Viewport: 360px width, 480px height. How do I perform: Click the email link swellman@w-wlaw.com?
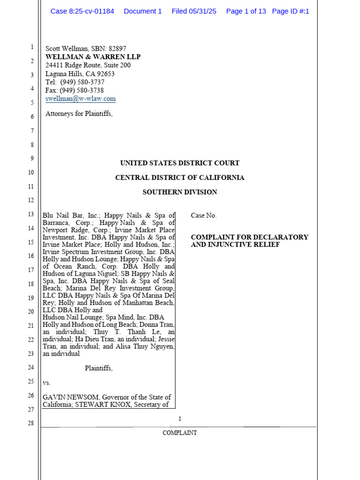pyautogui.click(x=80, y=99)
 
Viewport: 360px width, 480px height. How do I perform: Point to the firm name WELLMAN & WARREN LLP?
pyautogui.click(x=93, y=57)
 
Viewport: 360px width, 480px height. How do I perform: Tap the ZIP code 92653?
pyautogui.click(x=105, y=74)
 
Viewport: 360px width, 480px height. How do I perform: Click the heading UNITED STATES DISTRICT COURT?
pyautogui.click(x=180, y=163)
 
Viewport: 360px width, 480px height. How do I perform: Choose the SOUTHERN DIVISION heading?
pyautogui.click(x=180, y=192)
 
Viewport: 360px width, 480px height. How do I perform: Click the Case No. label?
pyautogui.click(x=203, y=216)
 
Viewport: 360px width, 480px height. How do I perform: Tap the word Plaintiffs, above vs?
pyautogui.click(x=98, y=368)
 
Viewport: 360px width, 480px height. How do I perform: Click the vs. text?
pyautogui.click(x=46, y=382)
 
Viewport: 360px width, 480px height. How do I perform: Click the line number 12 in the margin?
pyautogui.click(x=30, y=200)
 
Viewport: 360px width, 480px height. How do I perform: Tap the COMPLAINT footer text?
pyautogui.click(x=180, y=433)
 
